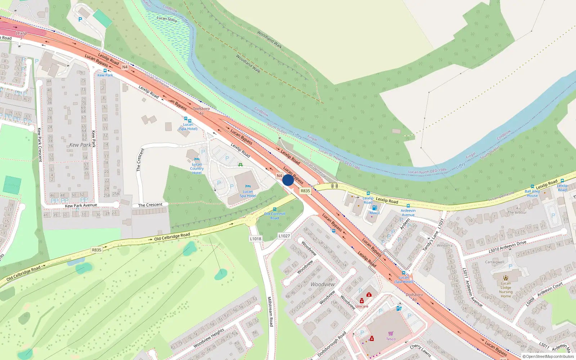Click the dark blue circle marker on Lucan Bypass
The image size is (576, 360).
[x=288, y=180]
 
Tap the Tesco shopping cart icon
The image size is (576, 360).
[x=391, y=333]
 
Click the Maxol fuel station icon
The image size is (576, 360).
[x=374, y=208]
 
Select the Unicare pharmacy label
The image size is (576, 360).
[x=362, y=306]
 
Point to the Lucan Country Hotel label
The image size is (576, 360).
[x=197, y=168]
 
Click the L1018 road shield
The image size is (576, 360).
[x=256, y=239]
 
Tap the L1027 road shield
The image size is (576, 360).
[x=284, y=236]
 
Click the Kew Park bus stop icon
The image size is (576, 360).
[x=105, y=71]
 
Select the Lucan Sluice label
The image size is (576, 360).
[x=167, y=19]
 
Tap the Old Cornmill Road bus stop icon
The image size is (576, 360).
[x=275, y=209]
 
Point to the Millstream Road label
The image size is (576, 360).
[x=270, y=311]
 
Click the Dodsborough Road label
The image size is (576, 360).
[x=332, y=344]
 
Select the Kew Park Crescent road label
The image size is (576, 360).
[x=40, y=144]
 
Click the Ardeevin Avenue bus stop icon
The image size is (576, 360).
[x=408, y=206]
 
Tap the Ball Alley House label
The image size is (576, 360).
[x=532, y=193]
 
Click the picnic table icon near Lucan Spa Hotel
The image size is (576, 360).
[x=240, y=165]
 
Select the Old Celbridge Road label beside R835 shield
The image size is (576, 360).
[x=172, y=237]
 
